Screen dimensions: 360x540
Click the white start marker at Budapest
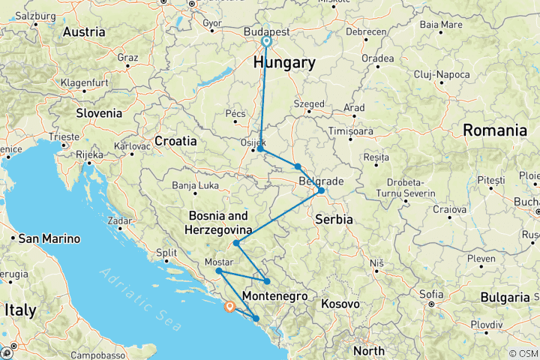point(265,42)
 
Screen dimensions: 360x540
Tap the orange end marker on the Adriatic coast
point(229,306)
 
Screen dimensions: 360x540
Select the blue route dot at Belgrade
point(321,190)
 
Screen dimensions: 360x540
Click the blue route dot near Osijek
point(260,149)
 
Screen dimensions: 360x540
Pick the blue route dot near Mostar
point(219,271)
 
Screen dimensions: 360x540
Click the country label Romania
point(494,130)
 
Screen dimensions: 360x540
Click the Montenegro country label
point(274,297)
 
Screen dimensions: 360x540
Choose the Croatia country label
point(175,140)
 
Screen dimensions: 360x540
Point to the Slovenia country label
point(98,112)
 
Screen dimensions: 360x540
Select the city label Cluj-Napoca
point(442,75)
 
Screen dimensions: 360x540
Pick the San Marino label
point(49,239)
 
